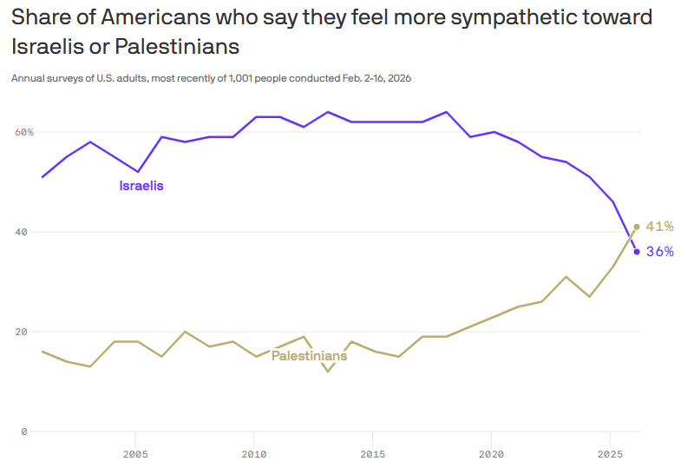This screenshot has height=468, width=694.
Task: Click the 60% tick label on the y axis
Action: pyautogui.click(x=23, y=132)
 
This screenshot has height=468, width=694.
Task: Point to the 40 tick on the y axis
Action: pyautogui.click(x=21, y=232)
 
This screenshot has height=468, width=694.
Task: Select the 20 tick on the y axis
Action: pyautogui.click(x=21, y=332)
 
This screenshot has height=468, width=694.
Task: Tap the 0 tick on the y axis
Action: pyautogui.click(x=24, y=432)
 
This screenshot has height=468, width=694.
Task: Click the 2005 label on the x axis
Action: pyautogui.click(x=134, y=454)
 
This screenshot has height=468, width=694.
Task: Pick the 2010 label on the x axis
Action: pyautogui.click(x=253, y=454)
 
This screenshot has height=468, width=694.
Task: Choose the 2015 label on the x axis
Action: pyautogui.click(x=372, y=454)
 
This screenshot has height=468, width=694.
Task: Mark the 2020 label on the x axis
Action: pyautogui.click(x=491, y=454)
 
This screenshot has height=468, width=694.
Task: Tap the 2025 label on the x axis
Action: pyautogui.click(x=610, y=454)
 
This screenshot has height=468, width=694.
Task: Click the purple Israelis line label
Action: pyautogui.click(x=141, y=186)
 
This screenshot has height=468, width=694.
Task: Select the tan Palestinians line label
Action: pyautogui.click(x=310, y=355)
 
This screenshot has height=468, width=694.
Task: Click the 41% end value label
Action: pyautogui.click(x=660, y=227)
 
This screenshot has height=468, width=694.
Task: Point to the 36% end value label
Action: pyautogui.click(x=660, y=252)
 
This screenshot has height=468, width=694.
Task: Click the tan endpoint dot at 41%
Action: pyautogui.click(x=637, y=227)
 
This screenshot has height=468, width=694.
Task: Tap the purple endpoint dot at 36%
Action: pyautogui.click(x=637, y=252)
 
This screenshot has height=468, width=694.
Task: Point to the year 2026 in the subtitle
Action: pyautogui.click(x=399, y=78)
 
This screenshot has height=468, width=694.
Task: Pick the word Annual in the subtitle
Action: pyautogui.click(x=27, y=78)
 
